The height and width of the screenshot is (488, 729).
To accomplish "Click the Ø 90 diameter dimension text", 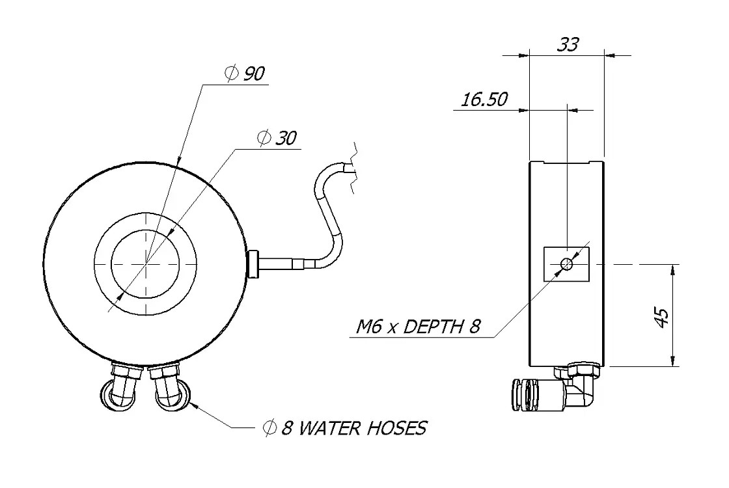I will [244, 74].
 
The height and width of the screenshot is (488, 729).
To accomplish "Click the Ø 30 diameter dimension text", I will [277, 138].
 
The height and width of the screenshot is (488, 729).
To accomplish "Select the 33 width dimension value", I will [568, 44].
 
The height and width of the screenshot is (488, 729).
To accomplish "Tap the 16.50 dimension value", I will [484, 100].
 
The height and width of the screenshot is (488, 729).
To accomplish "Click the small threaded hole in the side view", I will [567, 264].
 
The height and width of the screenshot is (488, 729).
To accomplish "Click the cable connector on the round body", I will [254, 264].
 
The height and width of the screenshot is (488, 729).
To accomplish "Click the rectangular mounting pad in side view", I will [566, 264].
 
